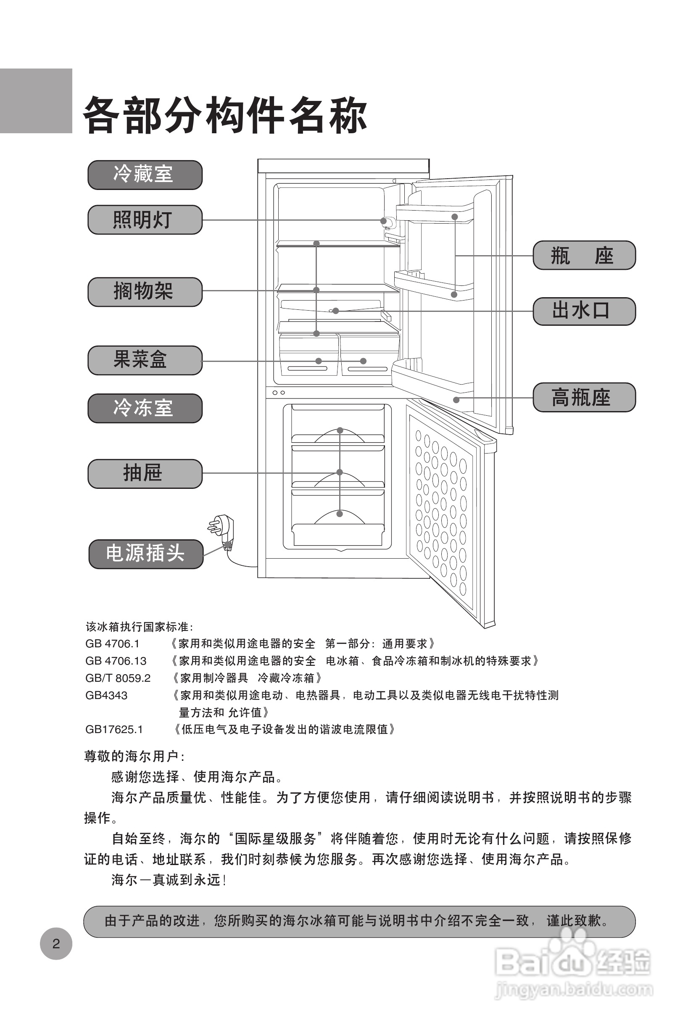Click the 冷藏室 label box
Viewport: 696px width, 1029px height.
[145, 174]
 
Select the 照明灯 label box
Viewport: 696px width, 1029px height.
[145, 219]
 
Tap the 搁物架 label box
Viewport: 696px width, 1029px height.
[145, 292]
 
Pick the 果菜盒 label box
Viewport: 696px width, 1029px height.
[145, 360]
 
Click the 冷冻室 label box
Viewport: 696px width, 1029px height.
[145, 408]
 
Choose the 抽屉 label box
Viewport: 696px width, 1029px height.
[145, 473]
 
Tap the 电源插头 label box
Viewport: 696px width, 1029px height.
[146, 554]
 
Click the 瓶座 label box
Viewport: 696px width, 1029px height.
[583, 256]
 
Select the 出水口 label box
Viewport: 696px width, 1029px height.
[583, 311]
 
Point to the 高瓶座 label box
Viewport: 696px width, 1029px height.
[583, 397]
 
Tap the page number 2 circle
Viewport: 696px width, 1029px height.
[56, 944]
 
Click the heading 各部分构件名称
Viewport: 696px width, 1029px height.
[225, 116]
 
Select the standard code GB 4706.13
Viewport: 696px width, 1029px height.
[116, 661]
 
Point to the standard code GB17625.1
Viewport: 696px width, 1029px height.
[114, 729]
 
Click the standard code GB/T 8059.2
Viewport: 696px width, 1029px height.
[118, 678]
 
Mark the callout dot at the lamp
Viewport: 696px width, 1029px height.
[383, 221]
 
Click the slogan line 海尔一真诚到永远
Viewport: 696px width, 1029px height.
[169, 880]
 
